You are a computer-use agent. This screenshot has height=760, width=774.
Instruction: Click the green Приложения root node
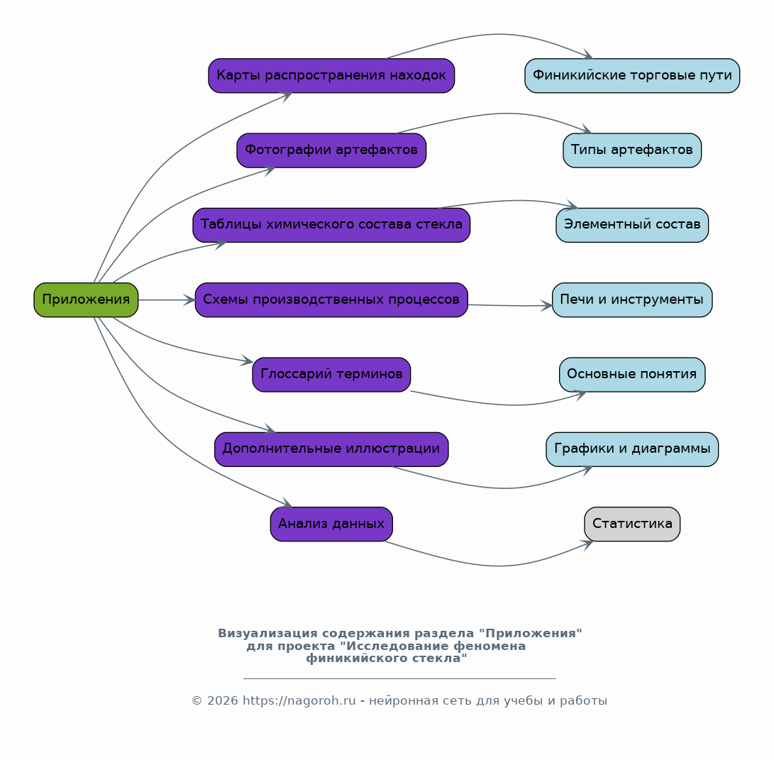[x=86, y=299]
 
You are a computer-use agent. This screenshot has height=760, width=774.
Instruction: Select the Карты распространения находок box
[x=331, y=75]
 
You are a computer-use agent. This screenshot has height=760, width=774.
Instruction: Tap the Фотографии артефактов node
[x=331, y=150]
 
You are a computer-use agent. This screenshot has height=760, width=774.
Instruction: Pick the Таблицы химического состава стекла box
[x=331, y=225]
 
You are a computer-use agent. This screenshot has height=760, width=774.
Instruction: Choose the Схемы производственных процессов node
[x=331, y=299]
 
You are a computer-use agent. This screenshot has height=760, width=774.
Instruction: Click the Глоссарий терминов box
[x=331, y=375]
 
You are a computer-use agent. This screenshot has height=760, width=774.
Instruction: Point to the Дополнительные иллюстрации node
[x=331, y=449]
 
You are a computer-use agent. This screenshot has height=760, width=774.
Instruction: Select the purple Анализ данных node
[x=331, y=524]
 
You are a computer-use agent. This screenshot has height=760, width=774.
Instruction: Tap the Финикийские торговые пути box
[x=632, y=75]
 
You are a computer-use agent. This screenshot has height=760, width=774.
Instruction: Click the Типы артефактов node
[x=632, y=150]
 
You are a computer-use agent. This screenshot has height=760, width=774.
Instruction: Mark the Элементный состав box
[x=632, y=225]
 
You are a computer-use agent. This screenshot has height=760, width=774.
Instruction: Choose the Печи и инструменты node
[x=632, y=299]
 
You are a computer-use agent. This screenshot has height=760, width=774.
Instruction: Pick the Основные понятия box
[x=632, y=375]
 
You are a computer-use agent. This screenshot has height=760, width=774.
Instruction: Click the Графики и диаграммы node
[x=632, y=449]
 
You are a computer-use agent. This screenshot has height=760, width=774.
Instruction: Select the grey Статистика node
[x=632, y=524]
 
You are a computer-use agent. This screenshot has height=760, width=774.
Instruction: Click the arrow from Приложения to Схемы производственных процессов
[x=167, y=299]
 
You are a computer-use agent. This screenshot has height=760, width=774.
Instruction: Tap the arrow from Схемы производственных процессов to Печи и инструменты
[x=510, y=306]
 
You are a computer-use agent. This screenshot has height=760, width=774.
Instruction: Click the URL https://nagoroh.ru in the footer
[x=299, y=700]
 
